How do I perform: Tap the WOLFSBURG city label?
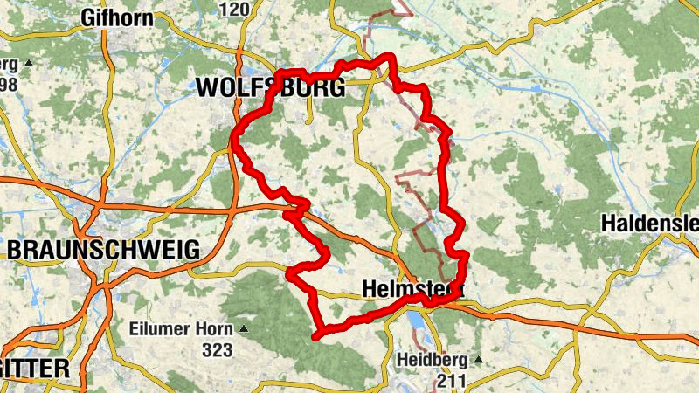[x=271, y=87]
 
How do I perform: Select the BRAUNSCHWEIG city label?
[x=103, y=250]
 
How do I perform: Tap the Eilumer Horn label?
[x=180, y=330]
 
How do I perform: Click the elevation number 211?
[x=451, y=380]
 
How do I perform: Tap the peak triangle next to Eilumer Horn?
[x=243, y=330]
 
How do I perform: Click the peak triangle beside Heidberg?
[x=478, y=360]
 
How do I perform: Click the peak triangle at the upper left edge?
[x=28, y=63]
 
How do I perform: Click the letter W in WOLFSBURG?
[x=208, y=87]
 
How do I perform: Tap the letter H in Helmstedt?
[x=369, y=289]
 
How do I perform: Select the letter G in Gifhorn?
[x=87, y=17]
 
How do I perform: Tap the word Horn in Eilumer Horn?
[x=213, y=330]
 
